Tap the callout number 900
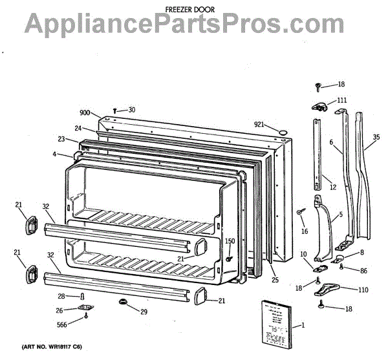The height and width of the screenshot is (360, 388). (x=86, y=111)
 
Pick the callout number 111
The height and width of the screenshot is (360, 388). (x=341, y=100)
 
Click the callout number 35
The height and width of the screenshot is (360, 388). (x=377, y=137)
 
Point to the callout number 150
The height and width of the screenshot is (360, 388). (x=230, y=242)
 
